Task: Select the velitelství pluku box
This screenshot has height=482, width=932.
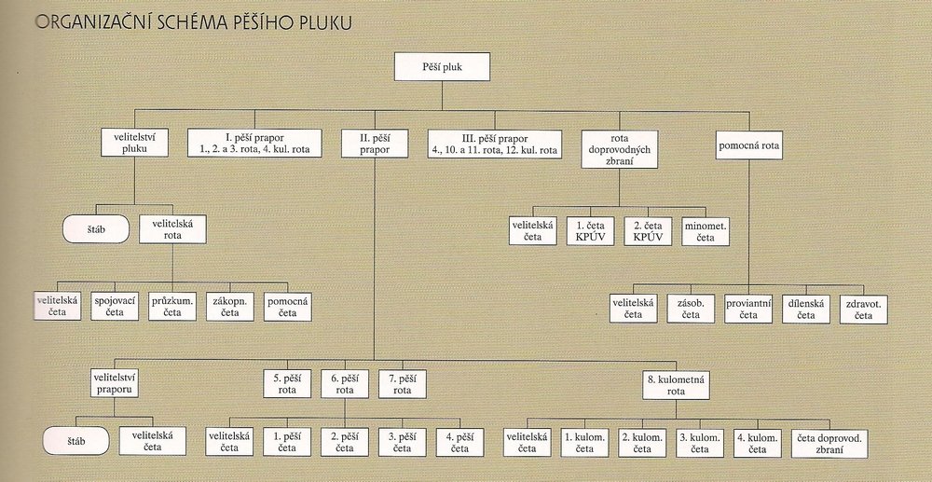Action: pyautogui.click(x=134, y=143)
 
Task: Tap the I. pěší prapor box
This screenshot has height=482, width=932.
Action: pyautogui.click(x=254, y=143)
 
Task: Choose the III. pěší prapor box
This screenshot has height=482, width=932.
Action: pyautogui.click(x=495, y=143)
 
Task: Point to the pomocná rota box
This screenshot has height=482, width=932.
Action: pyautogui.click(x=749, y=145)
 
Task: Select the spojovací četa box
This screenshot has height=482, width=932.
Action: pyautogui.click(x=115, y=307)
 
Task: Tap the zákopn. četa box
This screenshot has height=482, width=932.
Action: pyautogui.click(x=229, y=307)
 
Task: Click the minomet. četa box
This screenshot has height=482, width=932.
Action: pyautogui.click(x=706, y=231)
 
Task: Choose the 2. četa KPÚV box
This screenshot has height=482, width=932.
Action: pyautogui.click(x=648, y=231)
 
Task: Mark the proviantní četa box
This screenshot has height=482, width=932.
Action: pyautogui.click(x=749, y=309)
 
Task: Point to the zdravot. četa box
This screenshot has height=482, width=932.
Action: pyautogui.click(x=864, y=309)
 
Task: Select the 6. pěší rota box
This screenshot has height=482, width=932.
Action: pyautogui.click(x=345, y=384)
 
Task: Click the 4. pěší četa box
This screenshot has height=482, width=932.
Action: pyautogui.click(x=459, y=441)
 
